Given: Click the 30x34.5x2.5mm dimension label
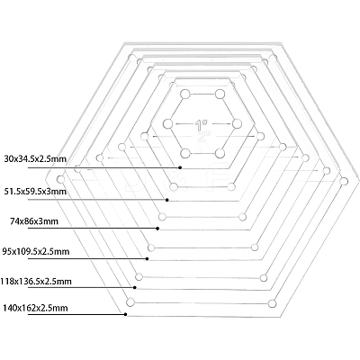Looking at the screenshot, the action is [35, 159].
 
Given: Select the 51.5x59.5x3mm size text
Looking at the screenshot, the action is [35, 192].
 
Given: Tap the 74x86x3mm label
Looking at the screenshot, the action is [34, 221].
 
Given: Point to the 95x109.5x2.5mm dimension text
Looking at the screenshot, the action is [36, 251].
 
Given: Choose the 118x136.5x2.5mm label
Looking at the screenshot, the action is [36, 282].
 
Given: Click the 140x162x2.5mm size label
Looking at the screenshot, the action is [35, 308].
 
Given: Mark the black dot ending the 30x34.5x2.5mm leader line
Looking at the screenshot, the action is [180, 167].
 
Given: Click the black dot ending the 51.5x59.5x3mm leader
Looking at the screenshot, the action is [167, 200].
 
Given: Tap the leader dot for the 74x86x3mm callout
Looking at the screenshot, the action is [157, 229].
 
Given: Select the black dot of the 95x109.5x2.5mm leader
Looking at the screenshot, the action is [147, 258].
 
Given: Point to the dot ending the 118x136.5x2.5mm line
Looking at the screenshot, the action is [135, 287].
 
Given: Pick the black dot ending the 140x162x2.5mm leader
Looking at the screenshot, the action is [125, 314].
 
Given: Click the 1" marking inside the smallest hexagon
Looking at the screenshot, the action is [200, 125].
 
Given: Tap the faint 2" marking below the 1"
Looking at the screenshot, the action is [202, 137].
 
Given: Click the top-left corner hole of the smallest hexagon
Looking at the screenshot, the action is [185, 94].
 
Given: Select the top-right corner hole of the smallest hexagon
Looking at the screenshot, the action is [220, 94].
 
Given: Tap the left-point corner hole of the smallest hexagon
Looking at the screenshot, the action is [168, 123].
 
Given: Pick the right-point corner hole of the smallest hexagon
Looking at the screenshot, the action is [237, 123].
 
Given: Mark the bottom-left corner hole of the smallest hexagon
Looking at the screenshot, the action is [185, 153].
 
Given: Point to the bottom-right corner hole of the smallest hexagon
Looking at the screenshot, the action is [220, 153].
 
